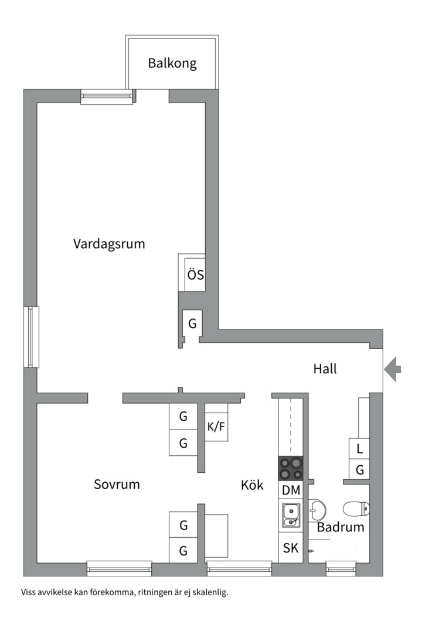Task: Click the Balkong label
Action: [x=172, y=63]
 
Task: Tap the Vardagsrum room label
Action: [x=109, y=243]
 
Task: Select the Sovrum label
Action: [x=117, y=485]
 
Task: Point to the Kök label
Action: [x=252, y=485]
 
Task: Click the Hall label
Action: [x=325, y=369]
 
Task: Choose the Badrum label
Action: [x=341, y=527]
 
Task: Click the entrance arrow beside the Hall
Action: [x=393, y=369]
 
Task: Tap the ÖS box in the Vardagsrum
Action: [x=195, y=274]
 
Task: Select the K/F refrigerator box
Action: [x=216, y=427]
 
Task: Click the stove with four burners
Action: [x=291, y=469]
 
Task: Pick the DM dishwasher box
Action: [x=291, y=490]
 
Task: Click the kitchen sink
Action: [x=291, y=515]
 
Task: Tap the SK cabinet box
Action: [x=291, y=548]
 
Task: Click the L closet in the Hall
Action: [x=359, y=449]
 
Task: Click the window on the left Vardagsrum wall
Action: [x=31, y=337]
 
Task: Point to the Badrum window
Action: [x=341, y=566]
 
